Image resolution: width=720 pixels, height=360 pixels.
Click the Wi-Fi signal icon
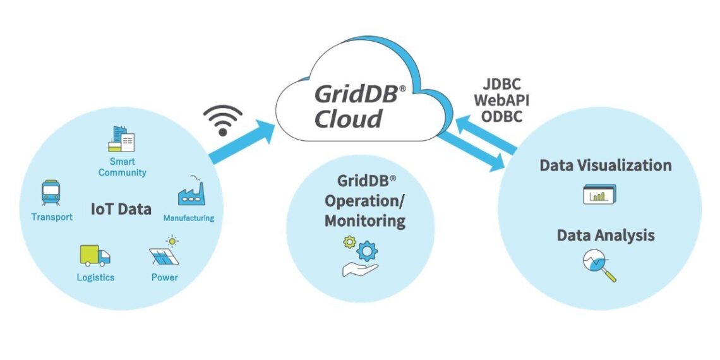222,120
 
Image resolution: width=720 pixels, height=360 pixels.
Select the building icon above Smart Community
121,139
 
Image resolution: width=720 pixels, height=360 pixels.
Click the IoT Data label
121,209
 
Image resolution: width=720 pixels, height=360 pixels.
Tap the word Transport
52,217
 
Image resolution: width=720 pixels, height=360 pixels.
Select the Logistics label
95,277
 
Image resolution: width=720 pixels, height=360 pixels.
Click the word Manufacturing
189,219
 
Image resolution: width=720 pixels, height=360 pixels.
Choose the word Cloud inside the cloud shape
349,119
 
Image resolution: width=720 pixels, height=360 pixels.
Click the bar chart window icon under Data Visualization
599,195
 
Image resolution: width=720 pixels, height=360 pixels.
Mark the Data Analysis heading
606,236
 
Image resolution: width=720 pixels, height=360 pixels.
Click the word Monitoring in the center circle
365,221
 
